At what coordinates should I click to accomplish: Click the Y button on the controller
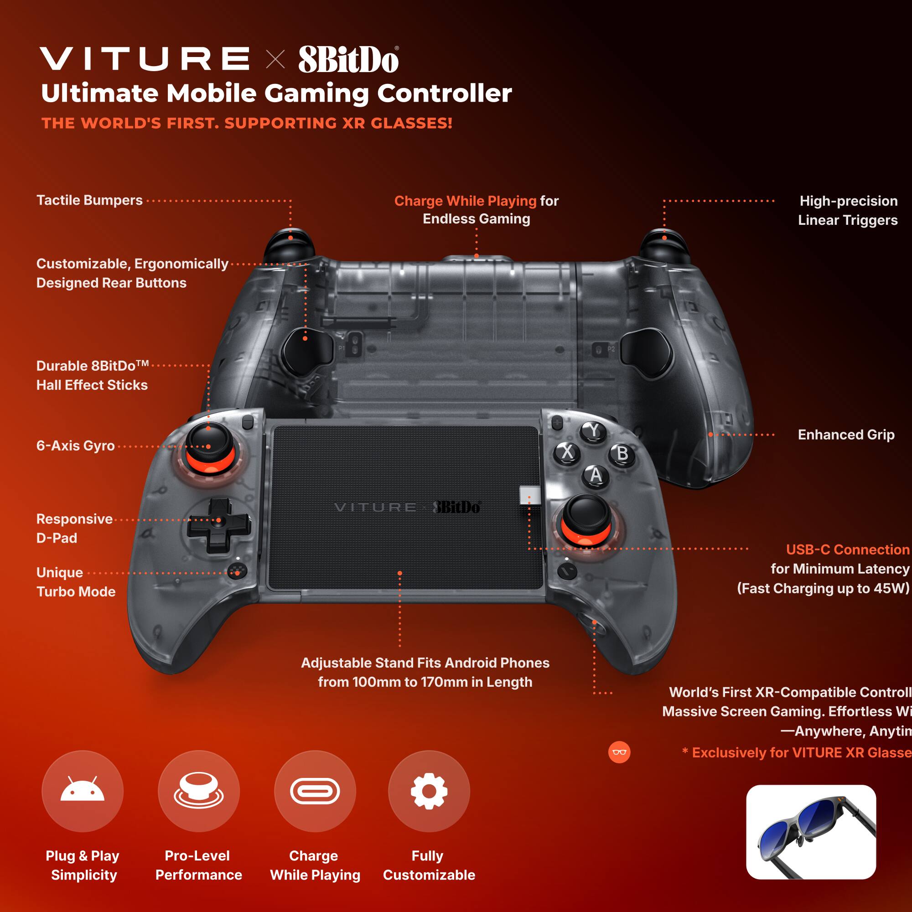click(593, 430)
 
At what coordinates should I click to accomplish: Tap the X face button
click(567, 452)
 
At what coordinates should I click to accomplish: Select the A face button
click(596, 475)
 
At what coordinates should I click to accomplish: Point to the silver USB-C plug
click(529, 496)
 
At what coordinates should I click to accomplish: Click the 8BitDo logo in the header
click(348, 59)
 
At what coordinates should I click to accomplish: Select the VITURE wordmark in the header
click(145, 59)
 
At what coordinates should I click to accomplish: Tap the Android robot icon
click(83, 791)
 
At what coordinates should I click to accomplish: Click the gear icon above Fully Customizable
click(429, 791)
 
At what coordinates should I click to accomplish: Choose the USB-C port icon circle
click(315, 791)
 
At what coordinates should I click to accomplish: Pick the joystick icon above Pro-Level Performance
click(199, 791)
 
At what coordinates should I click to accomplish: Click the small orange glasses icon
click(619, 752)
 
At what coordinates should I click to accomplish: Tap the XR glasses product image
click(810, 832)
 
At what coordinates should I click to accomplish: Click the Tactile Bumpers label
click(90, 200)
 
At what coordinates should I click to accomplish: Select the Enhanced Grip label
click(846, 434)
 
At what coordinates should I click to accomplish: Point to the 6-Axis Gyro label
click(76, 446)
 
